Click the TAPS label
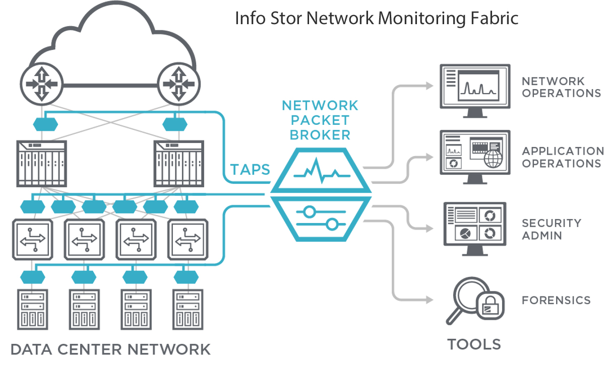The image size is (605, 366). pos(251,170)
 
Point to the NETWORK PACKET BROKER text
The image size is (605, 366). pos(320,120)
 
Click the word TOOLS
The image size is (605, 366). pos(474,344)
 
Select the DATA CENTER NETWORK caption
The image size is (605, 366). pos(110,349)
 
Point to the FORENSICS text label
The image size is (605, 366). pos(556,301)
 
